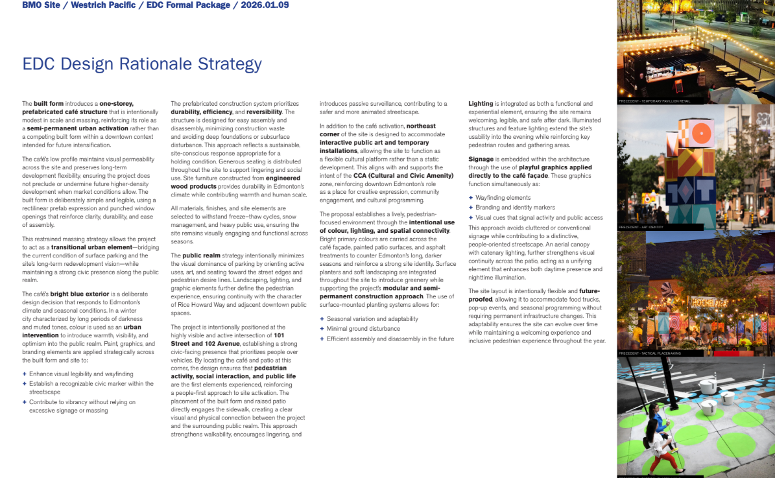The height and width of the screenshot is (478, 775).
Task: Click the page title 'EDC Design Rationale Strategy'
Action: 142,64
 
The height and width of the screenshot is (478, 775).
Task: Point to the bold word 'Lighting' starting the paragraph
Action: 481,104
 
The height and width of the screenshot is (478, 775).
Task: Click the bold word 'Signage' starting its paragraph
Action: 481,159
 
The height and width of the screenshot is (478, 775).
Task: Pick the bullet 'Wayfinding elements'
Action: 503,198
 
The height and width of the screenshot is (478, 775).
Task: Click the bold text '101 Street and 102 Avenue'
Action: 234,340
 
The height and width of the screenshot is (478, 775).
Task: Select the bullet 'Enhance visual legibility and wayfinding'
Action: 81,374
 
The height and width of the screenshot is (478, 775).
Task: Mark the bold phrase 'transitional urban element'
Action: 93,248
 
